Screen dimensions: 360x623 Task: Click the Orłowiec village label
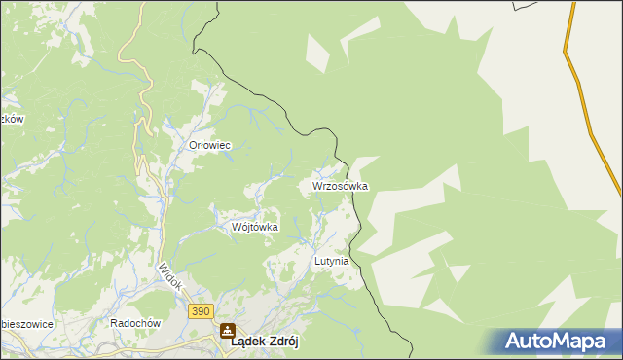208,145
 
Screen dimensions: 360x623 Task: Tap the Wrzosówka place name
340,185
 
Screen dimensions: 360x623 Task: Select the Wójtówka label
255,227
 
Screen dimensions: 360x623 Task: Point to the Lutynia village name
331,262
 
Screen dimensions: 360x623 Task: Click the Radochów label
134,323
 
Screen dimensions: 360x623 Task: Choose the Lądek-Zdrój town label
263,343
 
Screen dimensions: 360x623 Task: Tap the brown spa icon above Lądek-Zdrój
227,330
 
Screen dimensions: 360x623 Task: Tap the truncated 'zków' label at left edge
11,119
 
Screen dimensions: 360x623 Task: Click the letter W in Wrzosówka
317,185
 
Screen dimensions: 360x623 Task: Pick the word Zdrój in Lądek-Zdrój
279,343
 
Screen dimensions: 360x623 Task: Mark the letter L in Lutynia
317,262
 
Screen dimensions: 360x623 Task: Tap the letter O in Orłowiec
193,145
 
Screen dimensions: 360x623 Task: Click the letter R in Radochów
115,323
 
